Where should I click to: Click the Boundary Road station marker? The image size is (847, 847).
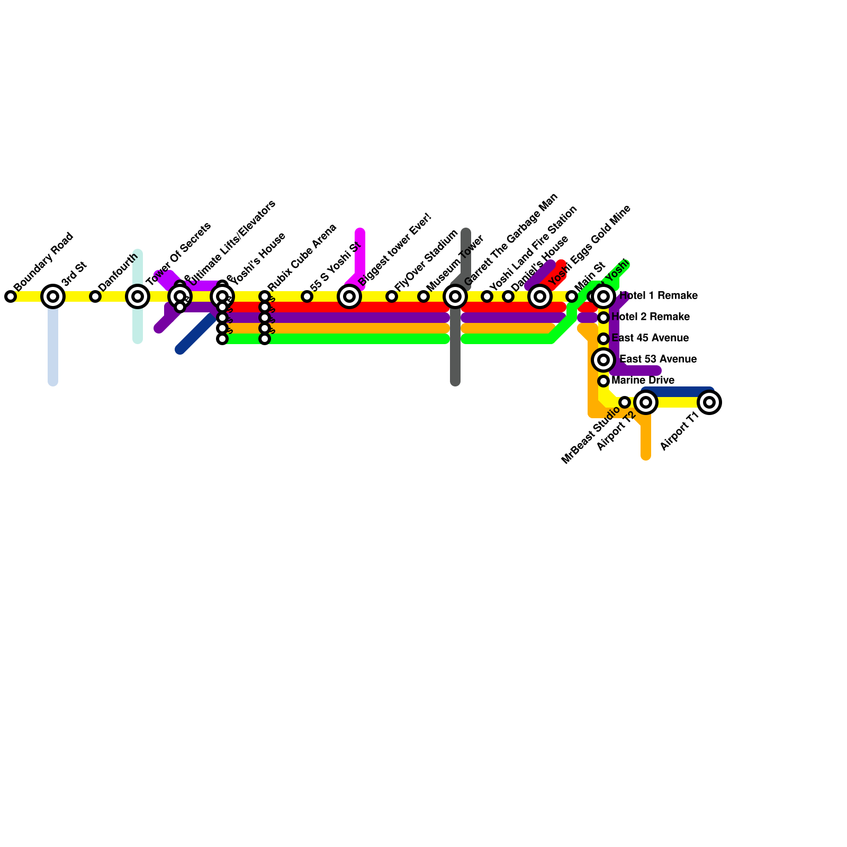(x=11, y=296)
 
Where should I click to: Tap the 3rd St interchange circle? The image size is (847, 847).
(x=53, y=296)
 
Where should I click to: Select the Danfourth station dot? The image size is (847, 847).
(x=95, y=296)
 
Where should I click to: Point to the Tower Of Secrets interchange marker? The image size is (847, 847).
(x=138, y=296)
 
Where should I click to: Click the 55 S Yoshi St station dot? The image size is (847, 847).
(x=307, y=296)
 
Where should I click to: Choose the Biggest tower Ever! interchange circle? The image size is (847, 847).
(x=349, y=296)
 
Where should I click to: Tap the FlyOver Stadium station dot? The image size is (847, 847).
(x=392, y=296)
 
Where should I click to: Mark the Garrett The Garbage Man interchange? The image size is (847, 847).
(x=455, y=296)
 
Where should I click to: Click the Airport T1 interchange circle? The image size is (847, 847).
(x=709, y=402)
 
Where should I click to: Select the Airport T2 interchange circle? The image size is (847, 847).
(x=646, y=402)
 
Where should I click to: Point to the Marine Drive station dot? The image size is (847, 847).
(x=603, y=381)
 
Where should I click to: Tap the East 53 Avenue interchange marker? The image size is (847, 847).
(x=603, y=360)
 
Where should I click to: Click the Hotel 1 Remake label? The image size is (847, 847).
(x=658, y=296)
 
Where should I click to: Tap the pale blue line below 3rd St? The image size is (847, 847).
(x=53, y=349)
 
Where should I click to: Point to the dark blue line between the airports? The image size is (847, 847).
(x=678, y=392)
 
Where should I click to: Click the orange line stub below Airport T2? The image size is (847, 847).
(x=646, y=439)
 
